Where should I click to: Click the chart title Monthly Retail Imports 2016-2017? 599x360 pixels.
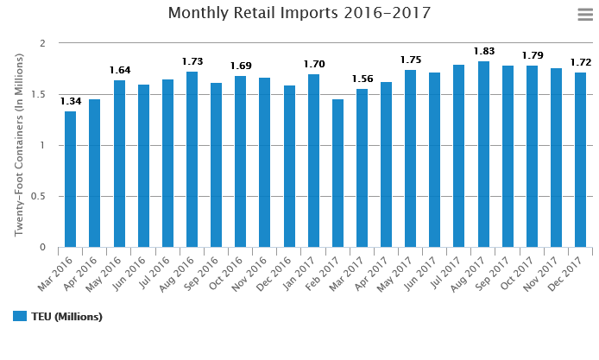point(299,13)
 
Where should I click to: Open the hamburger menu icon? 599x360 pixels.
point(584,14)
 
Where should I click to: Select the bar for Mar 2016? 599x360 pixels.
point(70,180)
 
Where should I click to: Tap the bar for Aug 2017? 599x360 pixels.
point(483,155)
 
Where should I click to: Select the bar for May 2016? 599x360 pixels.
point(119,164)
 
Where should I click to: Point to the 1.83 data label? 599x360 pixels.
point(483,53)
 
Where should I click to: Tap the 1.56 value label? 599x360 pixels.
point(363,79)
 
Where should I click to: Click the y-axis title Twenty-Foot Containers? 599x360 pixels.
point(18,145)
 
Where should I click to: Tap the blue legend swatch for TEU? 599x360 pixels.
point(20,316)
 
